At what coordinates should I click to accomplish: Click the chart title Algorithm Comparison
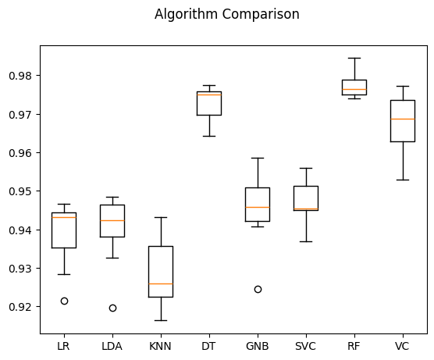click(x=226, y=14)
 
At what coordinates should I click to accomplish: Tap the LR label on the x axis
click(x=64, y=345)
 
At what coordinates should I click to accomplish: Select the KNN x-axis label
click(x=161, y=345)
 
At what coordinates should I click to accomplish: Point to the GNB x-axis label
click(x=258, y=345)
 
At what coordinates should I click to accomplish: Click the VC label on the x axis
click(x=403, y=345)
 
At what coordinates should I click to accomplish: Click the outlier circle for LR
click(x=64, y=301)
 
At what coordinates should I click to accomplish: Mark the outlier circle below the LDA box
click(x=112, y=308)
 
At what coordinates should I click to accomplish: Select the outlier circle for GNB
click(x=258, y=289)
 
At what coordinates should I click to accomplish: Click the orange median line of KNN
click(x=161, y=283)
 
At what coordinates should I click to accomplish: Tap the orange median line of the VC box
click(x=403, y=119)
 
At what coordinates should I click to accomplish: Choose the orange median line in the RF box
click(x=354, y=90)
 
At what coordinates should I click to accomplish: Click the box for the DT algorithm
click(x=209, y=104)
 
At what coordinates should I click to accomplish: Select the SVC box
click(x=306, y=198)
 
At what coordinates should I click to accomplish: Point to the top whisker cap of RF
click(x=354, y=58)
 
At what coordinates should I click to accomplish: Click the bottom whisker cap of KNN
click(x=161, y=320)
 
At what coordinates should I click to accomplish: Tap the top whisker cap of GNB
click(x=258, y=158)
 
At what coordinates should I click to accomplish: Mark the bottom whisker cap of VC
click(x=403, y=180)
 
